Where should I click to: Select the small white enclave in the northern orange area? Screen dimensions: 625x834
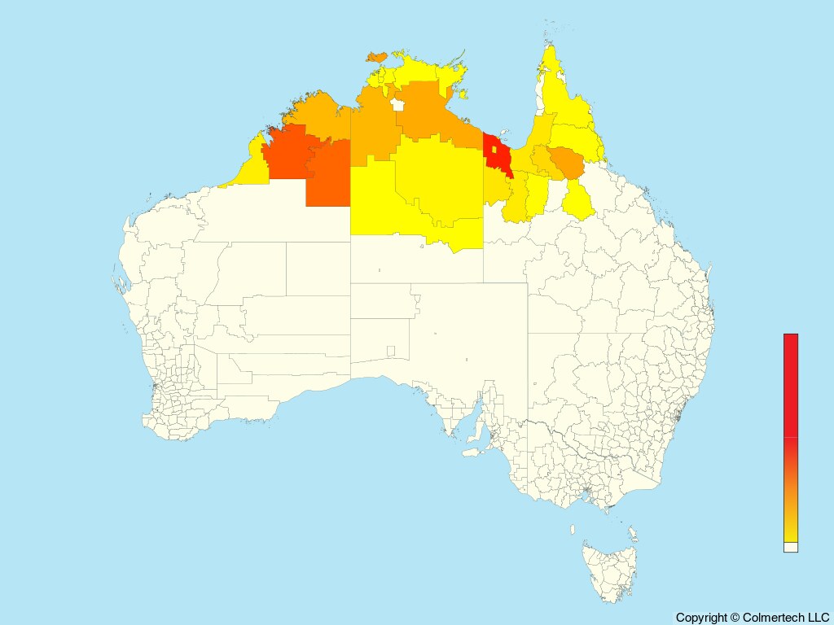click(397, 104)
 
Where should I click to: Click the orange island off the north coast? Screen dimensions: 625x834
click(377, 56)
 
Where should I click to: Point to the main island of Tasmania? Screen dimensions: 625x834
click(607, 570)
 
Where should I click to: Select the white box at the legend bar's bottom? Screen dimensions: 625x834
click(790, 547)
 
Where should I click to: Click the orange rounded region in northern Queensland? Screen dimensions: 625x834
click(567, 163)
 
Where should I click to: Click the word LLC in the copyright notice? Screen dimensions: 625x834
click(815, 618)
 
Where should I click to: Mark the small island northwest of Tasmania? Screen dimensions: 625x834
click(574, 530)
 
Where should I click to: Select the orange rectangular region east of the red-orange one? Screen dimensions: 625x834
click(327, 175)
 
